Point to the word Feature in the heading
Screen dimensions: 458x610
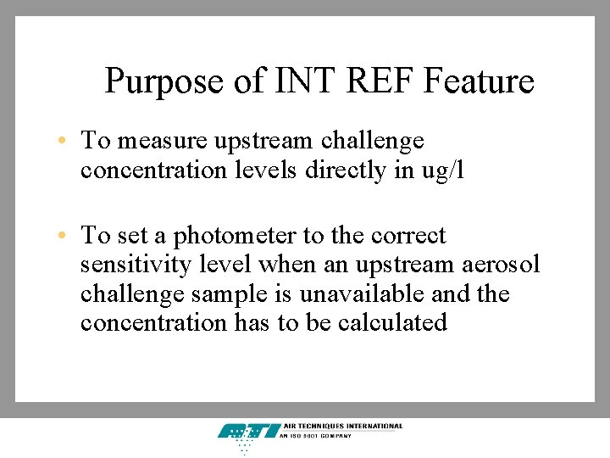click(479, 81)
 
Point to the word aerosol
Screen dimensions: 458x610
click(501, 265)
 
